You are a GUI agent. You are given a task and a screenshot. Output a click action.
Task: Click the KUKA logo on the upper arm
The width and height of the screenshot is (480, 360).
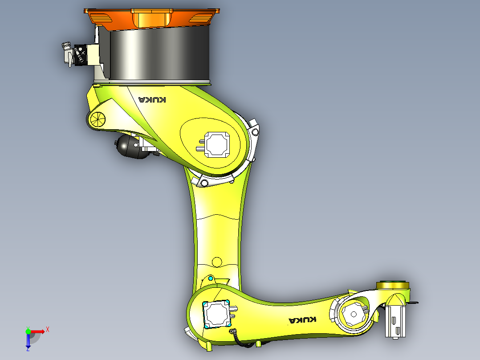point(152,99)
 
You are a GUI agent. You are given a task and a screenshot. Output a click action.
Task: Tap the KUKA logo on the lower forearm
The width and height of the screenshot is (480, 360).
point(303,320)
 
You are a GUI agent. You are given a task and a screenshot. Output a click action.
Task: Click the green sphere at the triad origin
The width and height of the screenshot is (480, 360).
point(28,331)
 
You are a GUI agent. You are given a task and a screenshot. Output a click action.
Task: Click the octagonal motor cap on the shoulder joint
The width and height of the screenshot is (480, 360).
point(216,144)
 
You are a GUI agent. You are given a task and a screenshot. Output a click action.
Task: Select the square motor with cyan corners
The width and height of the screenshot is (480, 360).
point(217,314)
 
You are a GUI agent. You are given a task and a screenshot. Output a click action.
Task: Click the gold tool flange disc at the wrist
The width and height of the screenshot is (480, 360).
point(392,285)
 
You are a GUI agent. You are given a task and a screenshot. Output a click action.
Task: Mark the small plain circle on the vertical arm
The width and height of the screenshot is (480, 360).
point(217,261)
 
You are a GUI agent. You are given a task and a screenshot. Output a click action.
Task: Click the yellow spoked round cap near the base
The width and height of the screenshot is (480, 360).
point(97,119)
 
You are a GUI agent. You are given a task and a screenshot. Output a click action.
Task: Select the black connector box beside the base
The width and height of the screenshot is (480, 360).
point(80,55)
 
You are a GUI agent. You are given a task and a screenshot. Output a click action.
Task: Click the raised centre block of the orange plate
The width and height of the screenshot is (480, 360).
point(152,19)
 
